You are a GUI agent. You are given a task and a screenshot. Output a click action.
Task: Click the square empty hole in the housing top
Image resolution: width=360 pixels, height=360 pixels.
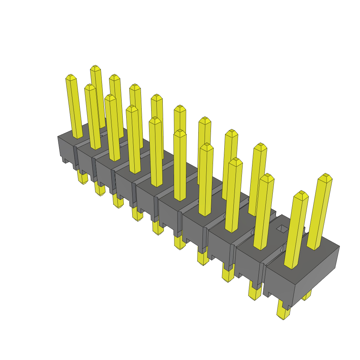[x=282, y=229]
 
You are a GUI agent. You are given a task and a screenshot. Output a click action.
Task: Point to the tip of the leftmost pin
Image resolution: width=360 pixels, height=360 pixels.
[x=71, y=76]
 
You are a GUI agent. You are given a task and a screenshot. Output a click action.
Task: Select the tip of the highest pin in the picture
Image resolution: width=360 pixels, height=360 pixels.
[x=95, y=67]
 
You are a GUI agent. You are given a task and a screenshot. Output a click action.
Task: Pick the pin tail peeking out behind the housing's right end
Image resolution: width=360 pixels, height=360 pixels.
[x=307, y=295]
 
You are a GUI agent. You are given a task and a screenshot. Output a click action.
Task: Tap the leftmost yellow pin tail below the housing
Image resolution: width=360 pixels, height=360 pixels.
[x=83, y=178]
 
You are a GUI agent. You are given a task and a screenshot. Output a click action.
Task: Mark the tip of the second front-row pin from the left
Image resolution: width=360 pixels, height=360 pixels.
[x=90, y=86]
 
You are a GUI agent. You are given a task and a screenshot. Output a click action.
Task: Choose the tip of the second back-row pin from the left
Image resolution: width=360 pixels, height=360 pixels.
[x=114, y=77]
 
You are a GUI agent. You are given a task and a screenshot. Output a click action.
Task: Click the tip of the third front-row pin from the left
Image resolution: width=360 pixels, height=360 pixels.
[x=110, y=96]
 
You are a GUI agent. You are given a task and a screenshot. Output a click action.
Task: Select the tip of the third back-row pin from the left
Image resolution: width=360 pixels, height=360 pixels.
[x=135, y=86]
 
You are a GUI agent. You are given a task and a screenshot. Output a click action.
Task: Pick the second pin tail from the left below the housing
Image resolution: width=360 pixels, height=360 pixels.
[x=100, y=190]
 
